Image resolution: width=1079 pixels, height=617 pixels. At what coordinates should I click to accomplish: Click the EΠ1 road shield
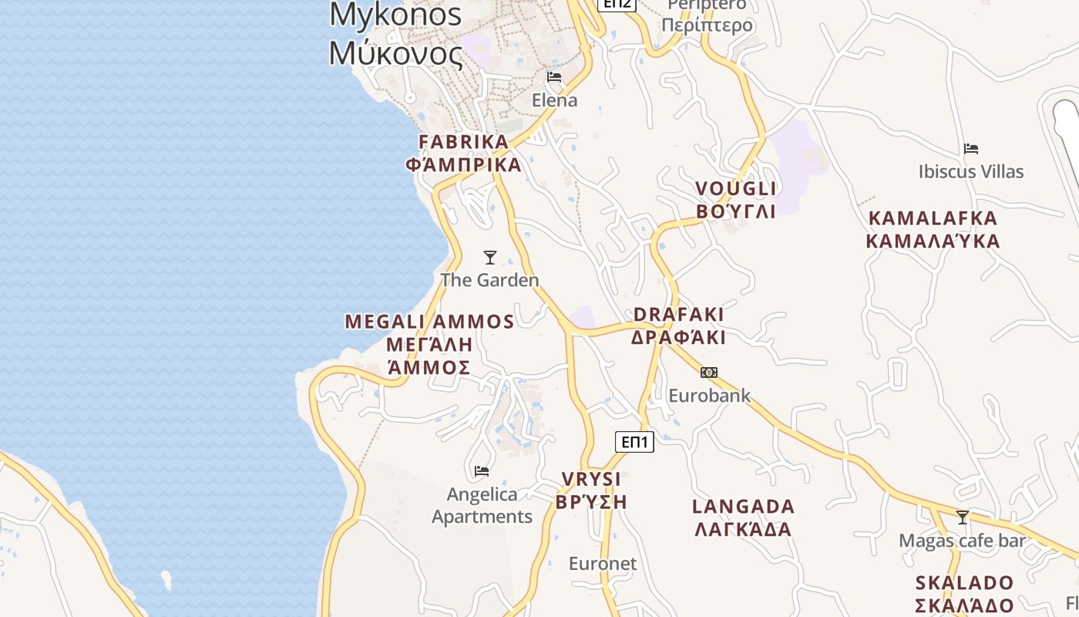(x=634, y=442)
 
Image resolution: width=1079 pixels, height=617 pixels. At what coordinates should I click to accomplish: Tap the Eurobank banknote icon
(x=709, y=373)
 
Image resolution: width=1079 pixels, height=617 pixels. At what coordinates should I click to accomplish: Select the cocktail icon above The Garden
(x=489, y=257)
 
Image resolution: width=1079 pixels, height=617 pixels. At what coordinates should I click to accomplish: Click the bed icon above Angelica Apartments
(x=482, y=470)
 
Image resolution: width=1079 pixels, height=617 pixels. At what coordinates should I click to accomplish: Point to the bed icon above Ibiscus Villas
(x=971, y=148)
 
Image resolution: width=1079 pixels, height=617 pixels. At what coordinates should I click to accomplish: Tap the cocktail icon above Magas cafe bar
(x=963, y=517)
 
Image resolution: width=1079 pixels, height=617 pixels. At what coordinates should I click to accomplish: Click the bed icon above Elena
(x=554, y=77)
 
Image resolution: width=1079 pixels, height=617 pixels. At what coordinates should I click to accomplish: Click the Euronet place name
(x=603, y=564)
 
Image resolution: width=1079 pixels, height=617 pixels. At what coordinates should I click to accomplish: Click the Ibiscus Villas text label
(x=971, y=171)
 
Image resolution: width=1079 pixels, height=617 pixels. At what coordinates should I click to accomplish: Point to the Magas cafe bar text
(x=963, y=541)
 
